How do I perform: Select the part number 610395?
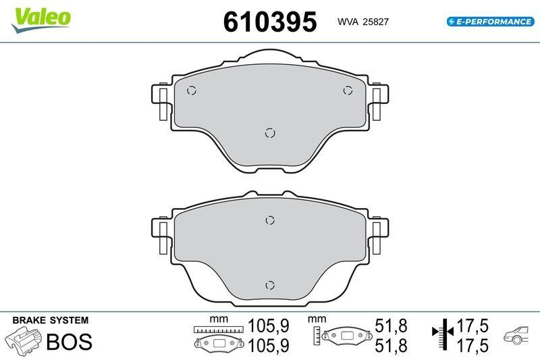click(x=269, y=22)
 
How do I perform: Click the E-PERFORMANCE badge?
click(x=490, y=22)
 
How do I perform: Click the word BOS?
click(x=69, y=341)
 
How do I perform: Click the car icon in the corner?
click(x=518, y=336)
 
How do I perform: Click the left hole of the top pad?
click(x=191, y=91)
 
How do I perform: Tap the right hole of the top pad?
click(x=348, y=91)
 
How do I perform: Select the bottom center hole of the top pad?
click(x=269, y=132)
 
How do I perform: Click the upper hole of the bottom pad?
click(x=269, y=220)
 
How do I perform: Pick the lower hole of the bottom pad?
click(x=269, y=284)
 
